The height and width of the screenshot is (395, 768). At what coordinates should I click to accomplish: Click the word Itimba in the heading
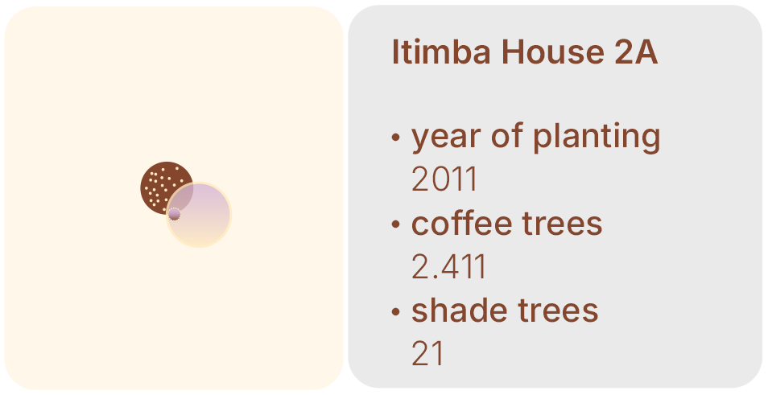(x=441, y=51)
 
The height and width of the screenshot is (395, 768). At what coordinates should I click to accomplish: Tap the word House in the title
(x=553, y=51)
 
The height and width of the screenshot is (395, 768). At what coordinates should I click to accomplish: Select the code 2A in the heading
(x=636, y=51)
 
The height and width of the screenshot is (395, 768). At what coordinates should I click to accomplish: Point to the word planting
(x=597, y=137)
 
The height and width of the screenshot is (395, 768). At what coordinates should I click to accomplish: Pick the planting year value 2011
(x=444, y=179)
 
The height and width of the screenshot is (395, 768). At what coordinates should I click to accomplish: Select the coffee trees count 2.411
(x=448, y=267)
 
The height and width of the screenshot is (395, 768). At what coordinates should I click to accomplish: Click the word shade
(x=459, y=311)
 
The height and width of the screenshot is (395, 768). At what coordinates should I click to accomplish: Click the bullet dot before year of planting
(x=396, y=138)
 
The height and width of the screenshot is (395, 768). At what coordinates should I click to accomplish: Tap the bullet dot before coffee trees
(x=396, y=224)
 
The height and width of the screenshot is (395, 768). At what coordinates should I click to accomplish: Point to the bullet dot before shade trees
(x=396, y=312)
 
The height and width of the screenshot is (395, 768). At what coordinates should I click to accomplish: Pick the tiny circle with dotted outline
(x=175, y=214)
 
